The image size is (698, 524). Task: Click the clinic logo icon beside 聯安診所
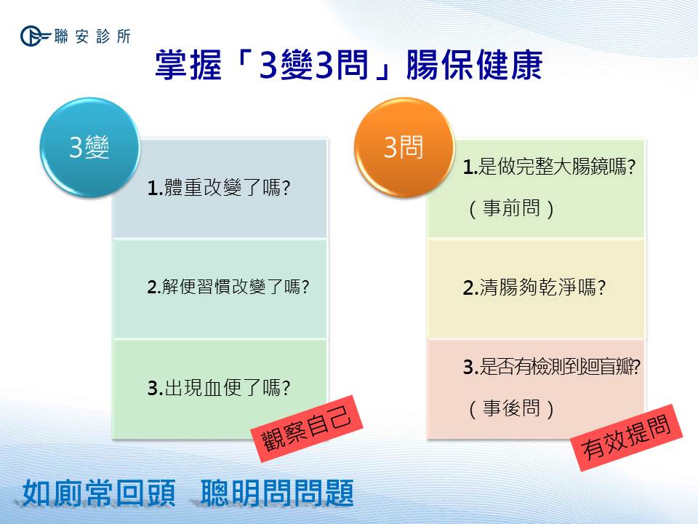35,36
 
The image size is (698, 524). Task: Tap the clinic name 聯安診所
92,36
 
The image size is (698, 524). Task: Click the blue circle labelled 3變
89,148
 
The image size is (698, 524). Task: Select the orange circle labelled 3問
404,148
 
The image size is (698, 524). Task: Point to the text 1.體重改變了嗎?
219,188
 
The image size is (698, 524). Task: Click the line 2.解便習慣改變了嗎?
228,287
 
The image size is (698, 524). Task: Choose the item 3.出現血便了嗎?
219,388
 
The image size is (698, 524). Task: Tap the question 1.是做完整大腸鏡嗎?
550,167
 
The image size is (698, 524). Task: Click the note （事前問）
511,208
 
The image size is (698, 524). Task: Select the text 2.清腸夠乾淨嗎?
534,287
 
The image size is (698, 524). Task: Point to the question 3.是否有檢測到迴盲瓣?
552,367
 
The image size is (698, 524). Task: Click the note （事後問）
511,408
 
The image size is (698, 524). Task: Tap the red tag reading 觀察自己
306,429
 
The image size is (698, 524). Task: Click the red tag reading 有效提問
626,437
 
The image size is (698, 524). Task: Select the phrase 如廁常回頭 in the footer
99,493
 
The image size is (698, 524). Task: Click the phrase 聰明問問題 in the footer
277,493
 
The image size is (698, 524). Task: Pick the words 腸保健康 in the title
475,65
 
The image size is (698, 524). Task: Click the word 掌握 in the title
188,65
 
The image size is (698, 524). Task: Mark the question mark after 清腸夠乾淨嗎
601,288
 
